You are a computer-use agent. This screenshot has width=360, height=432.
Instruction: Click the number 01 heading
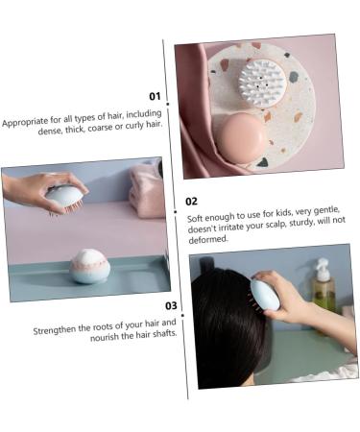(x=154, y=96)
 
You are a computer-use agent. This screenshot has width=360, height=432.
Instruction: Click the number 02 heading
(x=192, y=202)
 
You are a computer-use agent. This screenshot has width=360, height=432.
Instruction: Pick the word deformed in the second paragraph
(x=208, y=240)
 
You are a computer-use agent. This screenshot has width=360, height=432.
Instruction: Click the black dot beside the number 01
(x=167, y=102)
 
